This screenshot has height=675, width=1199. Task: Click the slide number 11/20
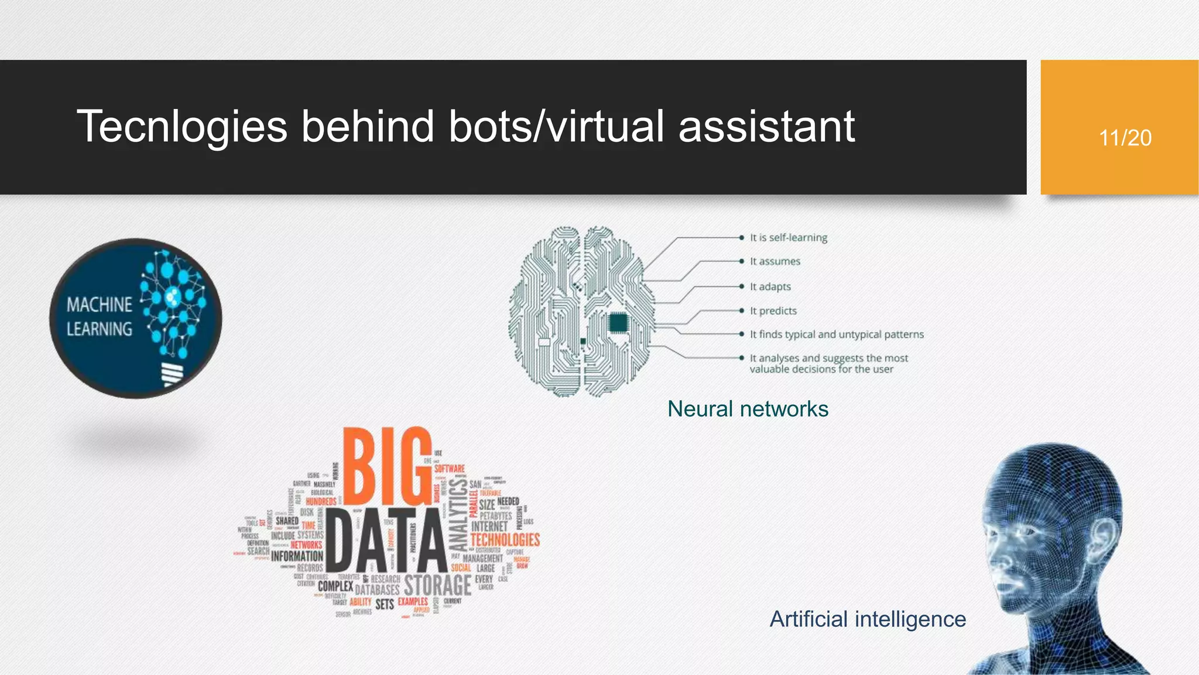pos(1125,138)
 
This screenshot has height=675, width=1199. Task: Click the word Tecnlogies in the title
pos(182,127)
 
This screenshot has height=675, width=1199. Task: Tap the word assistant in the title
pos(766,127)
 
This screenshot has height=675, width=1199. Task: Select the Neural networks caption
pos(748,409)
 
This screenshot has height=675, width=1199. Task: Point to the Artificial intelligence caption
pos(867,619)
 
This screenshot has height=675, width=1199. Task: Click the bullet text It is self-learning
pos(789,238)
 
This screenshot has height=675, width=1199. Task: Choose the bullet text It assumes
pos(775,261)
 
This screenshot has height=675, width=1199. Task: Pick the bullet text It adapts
pos(770,287)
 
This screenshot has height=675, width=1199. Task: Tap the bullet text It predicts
pos(773,311)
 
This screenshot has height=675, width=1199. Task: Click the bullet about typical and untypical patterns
pos(837,335)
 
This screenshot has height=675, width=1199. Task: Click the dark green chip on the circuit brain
pos(618,323)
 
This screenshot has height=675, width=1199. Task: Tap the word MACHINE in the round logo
pos(100,305)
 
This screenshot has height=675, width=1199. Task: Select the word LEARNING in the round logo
pos(100,329)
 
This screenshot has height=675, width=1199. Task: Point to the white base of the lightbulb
pos(172,374)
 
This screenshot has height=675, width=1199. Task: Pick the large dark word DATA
pos(385,541)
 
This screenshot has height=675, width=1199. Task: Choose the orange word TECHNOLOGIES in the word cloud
pos(505,540)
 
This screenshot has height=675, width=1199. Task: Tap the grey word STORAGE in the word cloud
pos(437,585)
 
